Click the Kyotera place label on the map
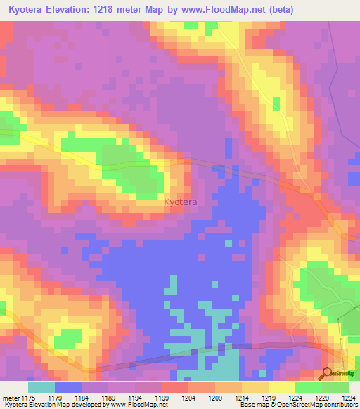click(181, 202)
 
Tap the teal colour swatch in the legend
click(41, 387)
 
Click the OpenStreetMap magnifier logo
click(326, 372)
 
